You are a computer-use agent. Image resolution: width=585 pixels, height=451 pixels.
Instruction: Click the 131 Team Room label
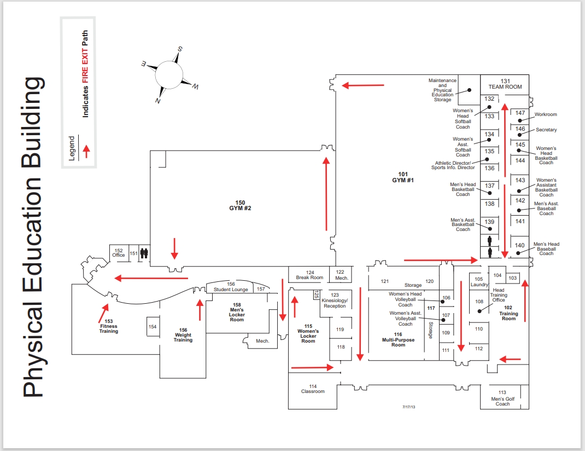pos(505,84)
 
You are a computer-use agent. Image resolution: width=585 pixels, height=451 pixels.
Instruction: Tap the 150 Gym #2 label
pos(240,205)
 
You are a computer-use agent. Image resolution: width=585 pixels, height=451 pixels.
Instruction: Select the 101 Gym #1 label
pos(403,177)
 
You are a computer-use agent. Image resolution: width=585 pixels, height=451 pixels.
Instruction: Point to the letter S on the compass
pos(180,49)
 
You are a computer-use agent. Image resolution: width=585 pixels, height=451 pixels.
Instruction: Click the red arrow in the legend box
pos(86,151)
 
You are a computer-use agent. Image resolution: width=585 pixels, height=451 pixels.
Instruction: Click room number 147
pos(520,113)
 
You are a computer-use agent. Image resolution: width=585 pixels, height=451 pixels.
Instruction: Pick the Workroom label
pos(546,114)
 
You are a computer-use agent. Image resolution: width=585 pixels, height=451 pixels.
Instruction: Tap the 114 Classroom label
pos(313,389)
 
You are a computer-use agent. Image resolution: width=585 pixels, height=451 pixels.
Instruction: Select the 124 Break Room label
pos(309,275)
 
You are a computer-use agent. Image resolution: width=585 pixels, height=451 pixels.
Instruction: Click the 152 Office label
pos(119,253)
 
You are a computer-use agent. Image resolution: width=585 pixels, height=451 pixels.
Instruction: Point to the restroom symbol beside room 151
pos(144,253)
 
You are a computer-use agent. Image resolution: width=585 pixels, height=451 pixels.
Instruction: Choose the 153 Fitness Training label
pos(109,326)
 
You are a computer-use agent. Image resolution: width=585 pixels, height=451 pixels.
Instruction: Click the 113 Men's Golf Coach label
pos(502,398)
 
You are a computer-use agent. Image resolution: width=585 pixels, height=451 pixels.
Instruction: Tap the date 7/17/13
pos(408,407)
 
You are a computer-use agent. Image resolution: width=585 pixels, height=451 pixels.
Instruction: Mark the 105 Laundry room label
pos(479,281)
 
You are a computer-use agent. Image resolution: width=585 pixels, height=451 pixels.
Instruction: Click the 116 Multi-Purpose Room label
pos(398,340)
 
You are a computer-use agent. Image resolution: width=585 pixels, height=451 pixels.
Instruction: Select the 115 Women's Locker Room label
pos(308,333)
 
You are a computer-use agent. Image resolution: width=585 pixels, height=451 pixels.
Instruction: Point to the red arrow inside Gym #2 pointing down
pos(174,248)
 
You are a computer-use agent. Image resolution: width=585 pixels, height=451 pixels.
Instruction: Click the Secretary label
pos(546,130)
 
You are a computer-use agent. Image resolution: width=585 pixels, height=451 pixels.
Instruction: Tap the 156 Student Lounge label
pos(231,287)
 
